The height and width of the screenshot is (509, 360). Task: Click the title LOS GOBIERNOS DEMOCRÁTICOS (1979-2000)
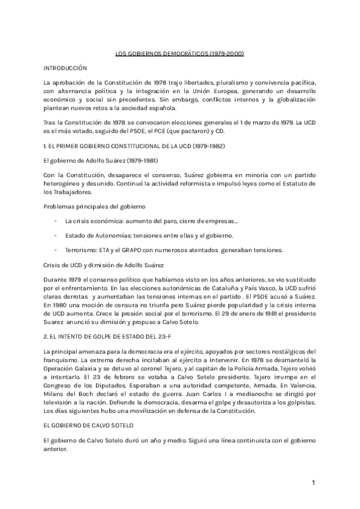[180, 54]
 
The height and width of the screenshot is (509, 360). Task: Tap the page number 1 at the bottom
[313, 483]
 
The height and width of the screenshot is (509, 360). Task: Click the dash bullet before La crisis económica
[55, 220]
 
